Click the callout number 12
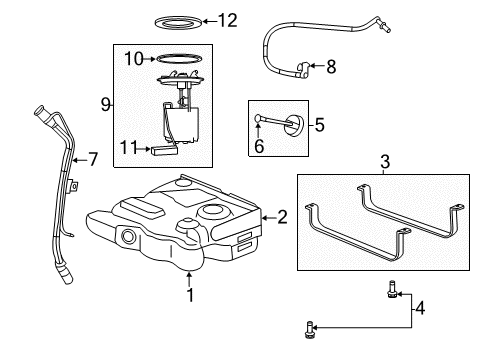[x=228, y=21]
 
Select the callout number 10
[x=134, y=59]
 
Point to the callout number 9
[x=105, y=105]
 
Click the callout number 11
[x=128, y=147]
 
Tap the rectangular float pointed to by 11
[x=164, y=150]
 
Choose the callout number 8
[x=331, y=67]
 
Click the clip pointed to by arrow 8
[x=303, y=70]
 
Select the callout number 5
[x=319, y=125]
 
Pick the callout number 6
[x=259, y=146]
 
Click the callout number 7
[x=93, y=159]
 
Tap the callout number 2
[x=282, y=217]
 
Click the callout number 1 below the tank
[x=190, y=295]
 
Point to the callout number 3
[x=385, y=162]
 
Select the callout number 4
[x=420, y=308]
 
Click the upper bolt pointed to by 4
[x=391, y=289]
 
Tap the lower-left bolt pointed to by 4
[x=309, y=329]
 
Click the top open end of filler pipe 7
[x=39, y=110]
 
